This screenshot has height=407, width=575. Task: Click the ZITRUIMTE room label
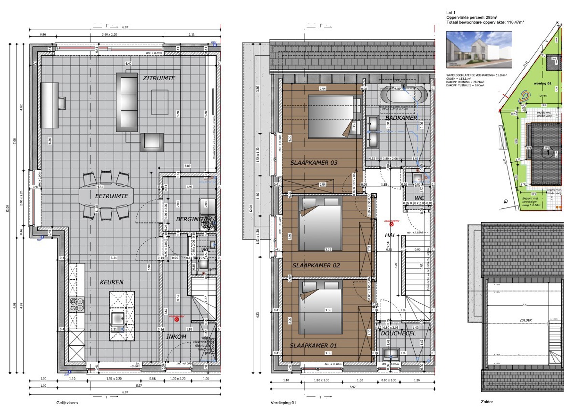pos(159,78)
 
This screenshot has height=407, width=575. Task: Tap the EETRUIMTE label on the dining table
pos(111,196)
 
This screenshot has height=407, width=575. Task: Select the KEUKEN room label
pos(111,282)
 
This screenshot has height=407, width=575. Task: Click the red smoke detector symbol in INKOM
pos(177,319)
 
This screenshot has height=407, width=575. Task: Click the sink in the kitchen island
pos(118,319)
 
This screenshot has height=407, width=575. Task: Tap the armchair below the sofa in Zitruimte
pos(152,142)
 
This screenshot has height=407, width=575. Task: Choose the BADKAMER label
pos(401,118)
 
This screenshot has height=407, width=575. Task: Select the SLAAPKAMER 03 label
pos(314,163)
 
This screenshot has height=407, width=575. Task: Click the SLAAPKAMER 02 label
pos(316,265)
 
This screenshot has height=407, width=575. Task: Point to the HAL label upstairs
pos(390,235)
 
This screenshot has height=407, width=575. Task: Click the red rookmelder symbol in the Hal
pos(392,224)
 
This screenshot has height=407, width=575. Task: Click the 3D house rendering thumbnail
pos(479,50)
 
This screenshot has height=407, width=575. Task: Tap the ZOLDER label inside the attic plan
pos(526,320)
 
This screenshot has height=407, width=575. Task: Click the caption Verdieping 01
pos(283,403)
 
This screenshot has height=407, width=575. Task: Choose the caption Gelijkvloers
pos(67,403)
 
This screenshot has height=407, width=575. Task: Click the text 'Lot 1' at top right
pos(451,13)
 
